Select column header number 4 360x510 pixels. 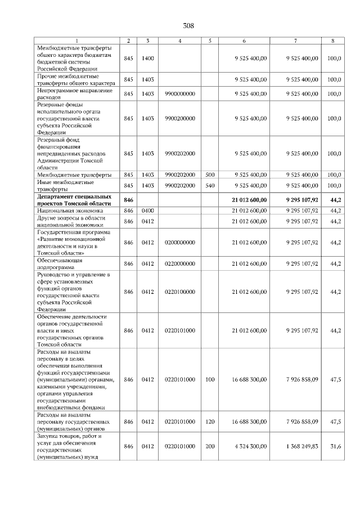(179, 41)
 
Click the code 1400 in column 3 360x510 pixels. (147, 58)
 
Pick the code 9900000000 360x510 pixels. (179, 93)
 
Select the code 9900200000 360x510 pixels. (179, 119)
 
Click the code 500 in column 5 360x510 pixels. (210, 175)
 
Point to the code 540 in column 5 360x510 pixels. (210, 185)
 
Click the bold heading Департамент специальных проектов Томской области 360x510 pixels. (75, 199)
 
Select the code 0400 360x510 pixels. (147, 211)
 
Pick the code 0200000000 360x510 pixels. (179, 242)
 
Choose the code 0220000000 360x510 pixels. (179, 263)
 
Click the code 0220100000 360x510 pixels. (179, 292)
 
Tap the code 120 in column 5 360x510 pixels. (210, 421)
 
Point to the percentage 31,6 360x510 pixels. (335, 446)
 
